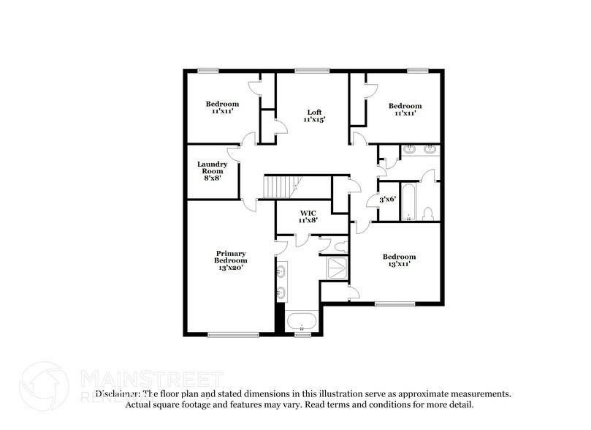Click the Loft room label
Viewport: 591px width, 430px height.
coord(314,112)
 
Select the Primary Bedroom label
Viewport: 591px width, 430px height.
coord(230,260)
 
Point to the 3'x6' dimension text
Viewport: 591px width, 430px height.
coord(386,200)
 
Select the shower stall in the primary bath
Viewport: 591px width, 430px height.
coord(337,267)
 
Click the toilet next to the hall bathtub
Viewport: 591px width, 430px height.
coord(429,214)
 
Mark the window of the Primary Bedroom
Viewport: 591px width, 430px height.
coord(224,335)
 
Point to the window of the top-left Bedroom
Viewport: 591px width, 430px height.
coord(207,70)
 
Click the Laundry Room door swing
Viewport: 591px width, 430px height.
coord(235,152)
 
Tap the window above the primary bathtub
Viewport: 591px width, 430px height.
coord(300,335)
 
